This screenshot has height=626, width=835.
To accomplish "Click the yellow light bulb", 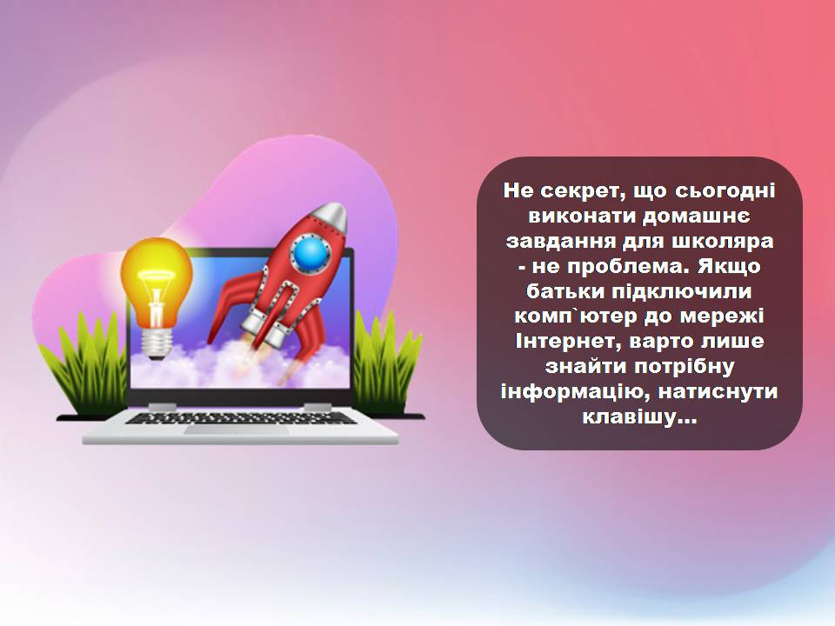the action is point(156,298).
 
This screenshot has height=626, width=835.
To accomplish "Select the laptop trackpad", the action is point(236,429).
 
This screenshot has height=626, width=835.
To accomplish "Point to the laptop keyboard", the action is point(240,417).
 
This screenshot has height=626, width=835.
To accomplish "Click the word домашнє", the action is point(697,216).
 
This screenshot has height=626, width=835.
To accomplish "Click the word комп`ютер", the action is point(576,316).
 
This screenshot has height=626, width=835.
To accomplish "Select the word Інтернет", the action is point(567,341).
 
